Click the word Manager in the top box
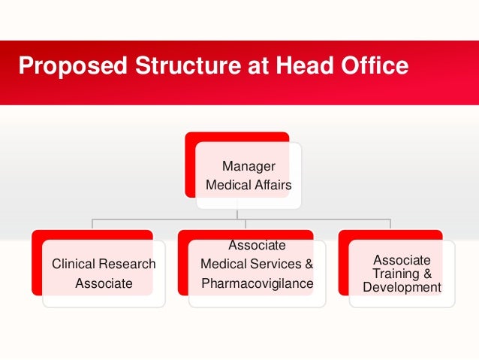click(249, 166)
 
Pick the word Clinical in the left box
click(74, 264)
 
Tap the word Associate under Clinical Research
click(104, 283)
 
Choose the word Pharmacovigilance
click(257, 283)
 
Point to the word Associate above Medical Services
click(257, 245)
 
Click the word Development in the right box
click(402, 287)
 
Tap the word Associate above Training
click(402, 260)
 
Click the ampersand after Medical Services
click(309, 264)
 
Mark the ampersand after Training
click(427, 274)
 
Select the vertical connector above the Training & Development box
click(390, 224)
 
